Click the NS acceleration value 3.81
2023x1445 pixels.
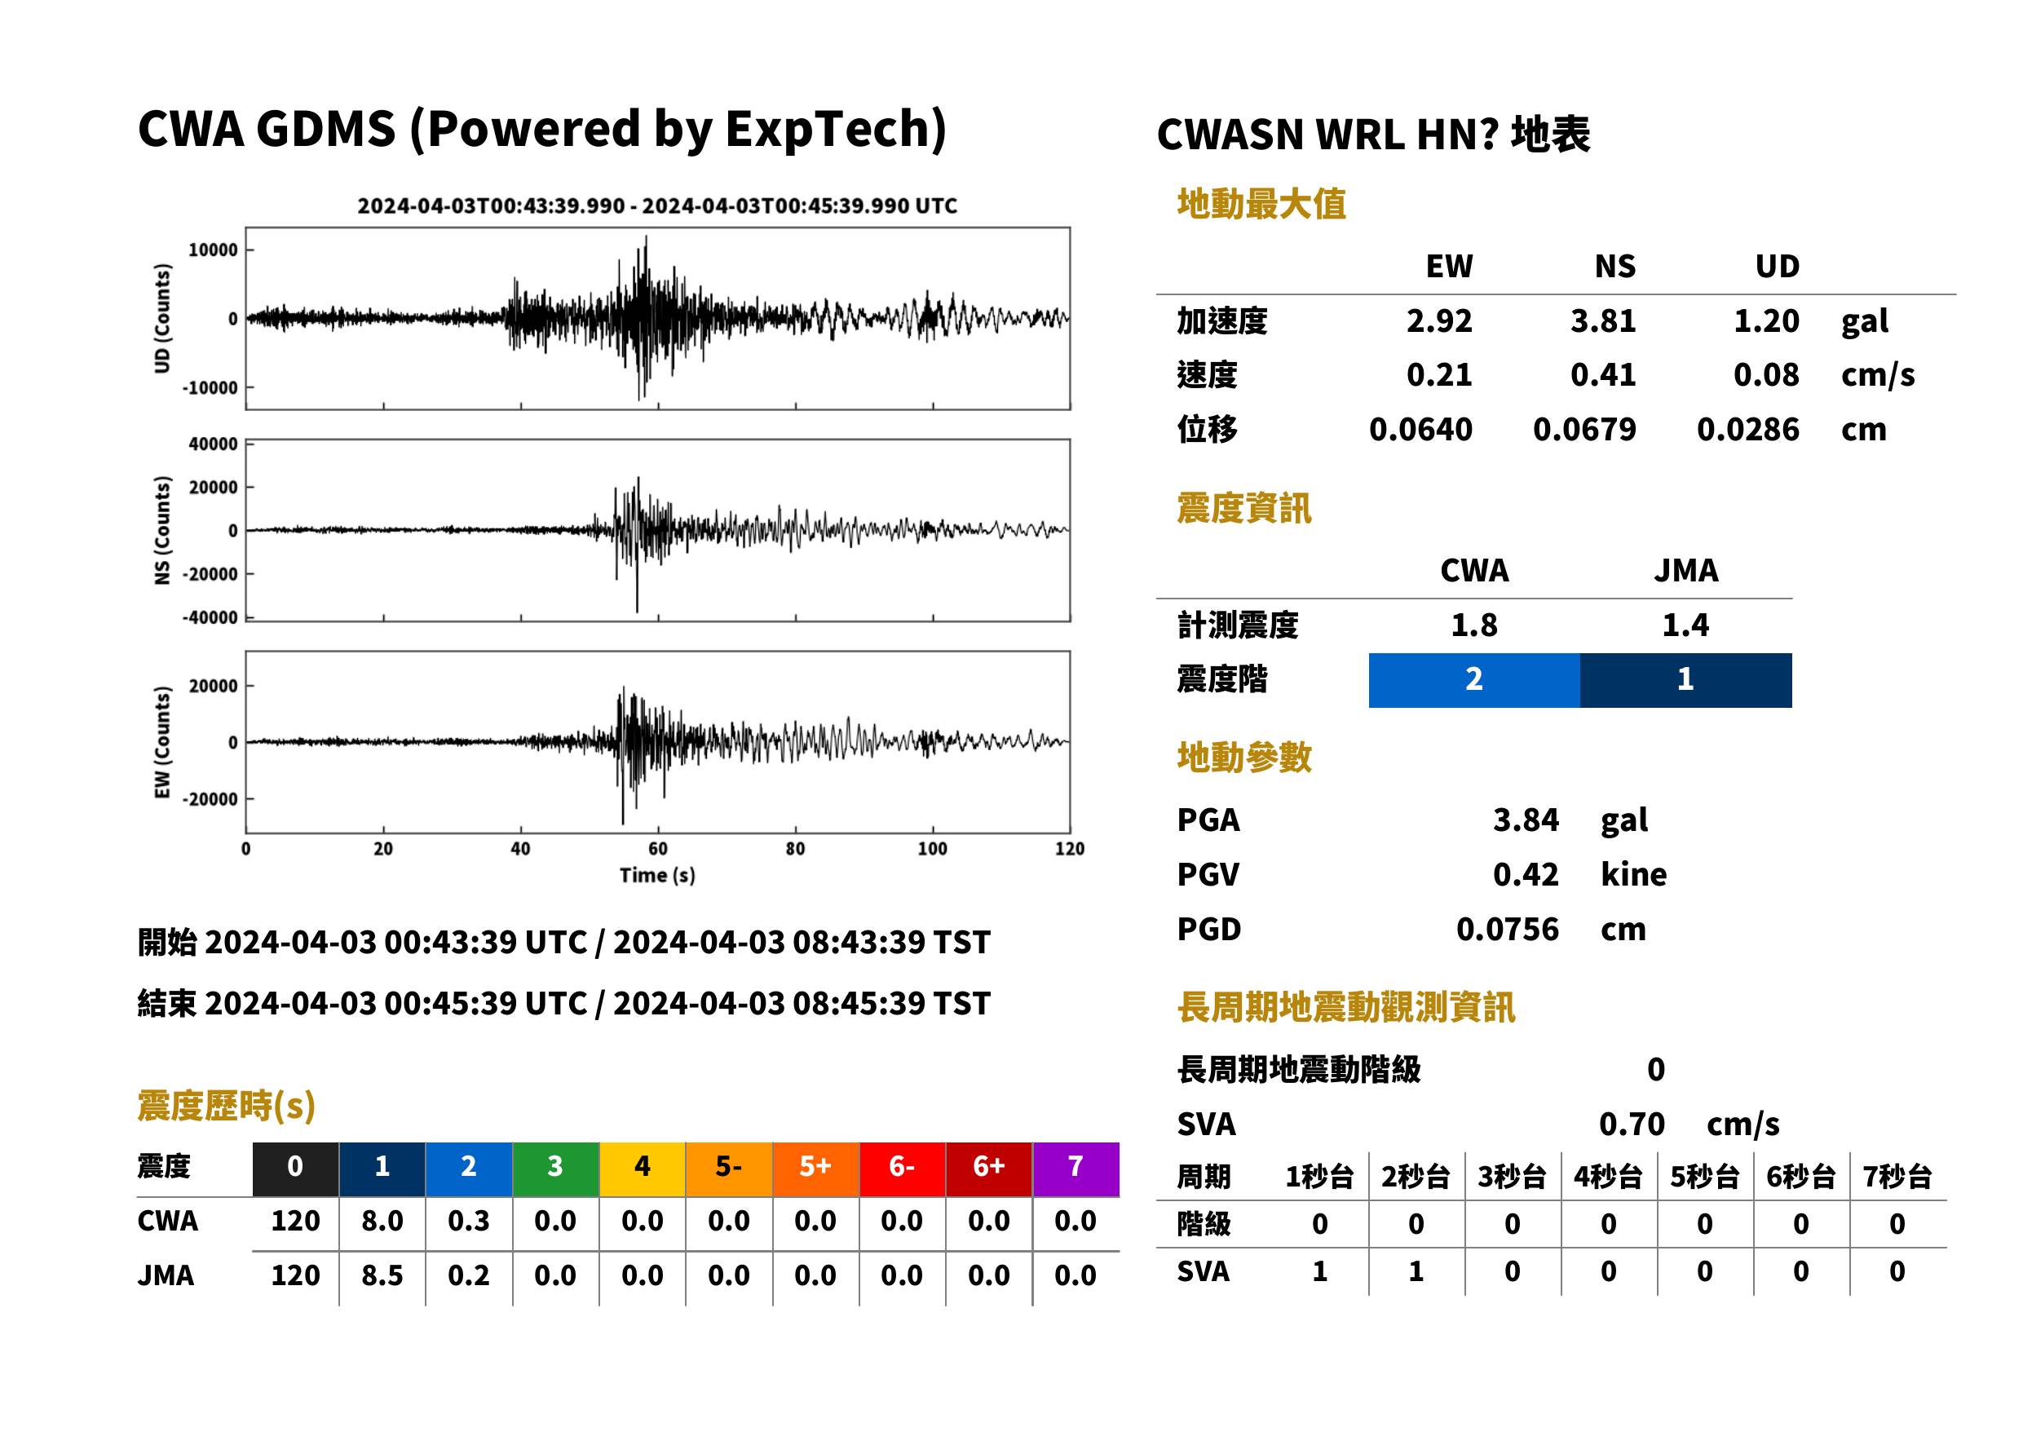[1602, 320]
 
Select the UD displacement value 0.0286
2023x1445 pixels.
[1747, 429]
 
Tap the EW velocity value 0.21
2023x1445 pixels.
[1438, 374]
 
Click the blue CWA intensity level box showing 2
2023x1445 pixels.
[1473, 680]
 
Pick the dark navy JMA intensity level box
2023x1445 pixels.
[1686, 680]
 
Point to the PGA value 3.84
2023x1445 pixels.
[1526, 820]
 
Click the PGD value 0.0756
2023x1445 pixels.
[1507, 929]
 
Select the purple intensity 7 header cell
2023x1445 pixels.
[1076, 1169]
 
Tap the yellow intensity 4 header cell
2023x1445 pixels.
[643, 1169]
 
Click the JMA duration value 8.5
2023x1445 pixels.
[382, 1275]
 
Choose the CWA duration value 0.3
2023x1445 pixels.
[469, 1221]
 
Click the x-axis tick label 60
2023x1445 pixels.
[657, 849]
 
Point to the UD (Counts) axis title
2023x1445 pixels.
[162, 319]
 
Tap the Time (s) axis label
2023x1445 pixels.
[657, 876]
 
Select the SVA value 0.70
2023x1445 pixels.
[1632, 1124]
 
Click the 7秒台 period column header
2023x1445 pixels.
[1897, 1178]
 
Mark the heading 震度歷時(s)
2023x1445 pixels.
[227, 1106]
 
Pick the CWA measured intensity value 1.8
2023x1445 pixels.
[1474, 625]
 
